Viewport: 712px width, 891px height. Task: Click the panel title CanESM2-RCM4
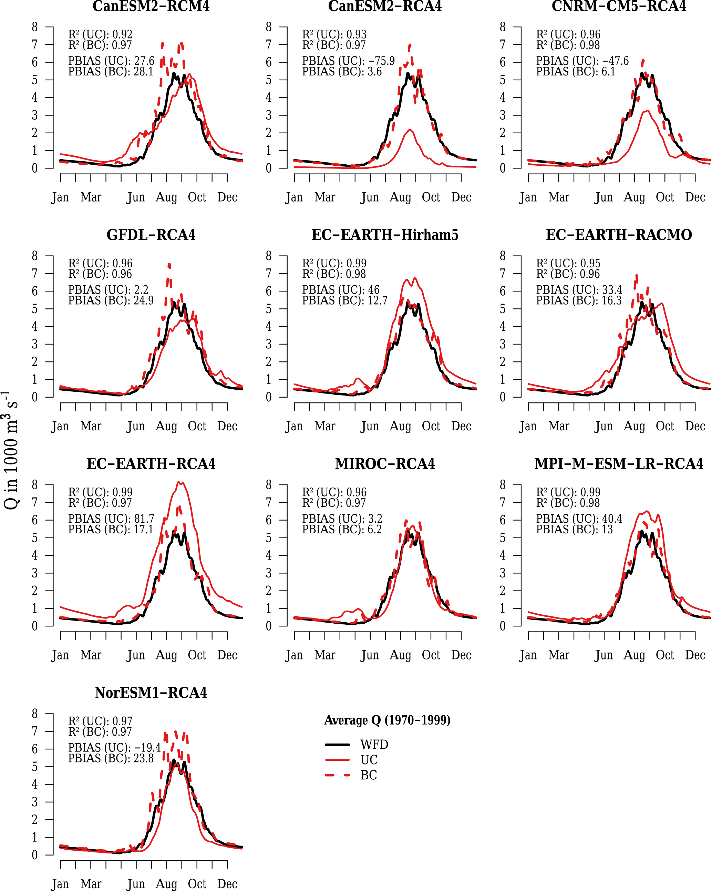[x=151, y=6]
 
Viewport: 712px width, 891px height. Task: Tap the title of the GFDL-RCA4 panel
[x=151, y=235]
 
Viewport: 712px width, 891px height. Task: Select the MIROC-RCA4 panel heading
[x=385, y=464]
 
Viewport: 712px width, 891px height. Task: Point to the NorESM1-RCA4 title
[x=151, y=693]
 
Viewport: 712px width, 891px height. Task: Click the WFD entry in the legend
[x=374, y=745]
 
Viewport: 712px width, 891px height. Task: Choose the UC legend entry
[x=369, y=760]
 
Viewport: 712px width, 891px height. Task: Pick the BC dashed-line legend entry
[x=369, y=775]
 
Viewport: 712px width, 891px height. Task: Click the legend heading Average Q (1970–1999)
[x=387, y=720]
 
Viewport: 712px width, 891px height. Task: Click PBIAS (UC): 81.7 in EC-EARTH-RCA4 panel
[x=111, y=519]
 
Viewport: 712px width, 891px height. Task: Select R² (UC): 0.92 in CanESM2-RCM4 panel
[x=101, y=34]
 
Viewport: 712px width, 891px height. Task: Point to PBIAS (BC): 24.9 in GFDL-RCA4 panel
[x=111, y=300]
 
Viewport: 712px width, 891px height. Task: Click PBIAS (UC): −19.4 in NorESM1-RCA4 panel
[x=114, y=748]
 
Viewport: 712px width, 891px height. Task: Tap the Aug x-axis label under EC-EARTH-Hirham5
[x=400, y=426]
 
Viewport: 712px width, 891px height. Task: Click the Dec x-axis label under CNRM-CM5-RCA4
[x=695, y=197]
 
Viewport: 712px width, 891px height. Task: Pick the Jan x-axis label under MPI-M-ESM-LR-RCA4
[x=528, y=655]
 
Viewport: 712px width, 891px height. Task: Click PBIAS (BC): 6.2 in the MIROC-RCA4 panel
[x=342, y=529]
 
